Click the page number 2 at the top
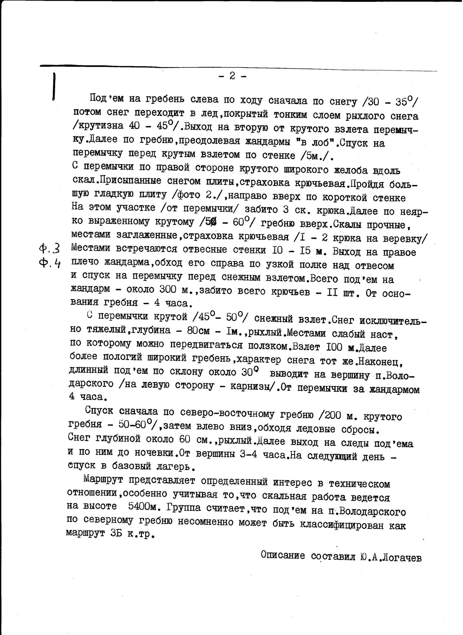pos(232,76)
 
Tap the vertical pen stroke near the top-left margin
pos(54,86)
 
